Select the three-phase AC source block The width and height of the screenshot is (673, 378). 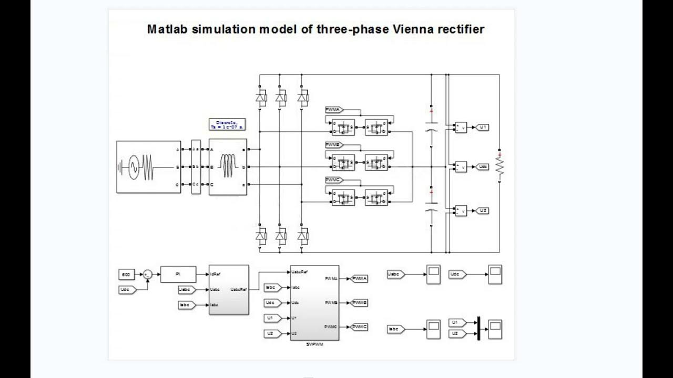tap(148, 167)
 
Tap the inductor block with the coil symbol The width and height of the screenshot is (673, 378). tap(228, 167)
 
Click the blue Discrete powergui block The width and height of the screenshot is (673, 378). tap(227, 124)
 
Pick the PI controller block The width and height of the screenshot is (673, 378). tap(178, 274)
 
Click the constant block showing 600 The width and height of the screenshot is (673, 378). tap(126, 274)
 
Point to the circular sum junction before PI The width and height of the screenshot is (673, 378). tap(148, 274)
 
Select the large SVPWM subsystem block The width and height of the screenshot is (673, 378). tap(314, 302)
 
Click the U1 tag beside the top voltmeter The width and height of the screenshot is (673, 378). tap(482, 127)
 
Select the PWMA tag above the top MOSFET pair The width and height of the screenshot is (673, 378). tap(334, 110)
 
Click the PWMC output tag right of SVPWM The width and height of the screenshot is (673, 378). tap(359, 327)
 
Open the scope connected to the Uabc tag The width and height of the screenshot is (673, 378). tap(433, 275)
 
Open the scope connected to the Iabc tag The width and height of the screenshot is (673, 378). tap(433, 329)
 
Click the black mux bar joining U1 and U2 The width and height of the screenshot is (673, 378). tap(478, 328)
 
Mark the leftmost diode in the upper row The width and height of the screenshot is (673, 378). tap(260, 97)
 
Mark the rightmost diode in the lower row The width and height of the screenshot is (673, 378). tap(302, 236)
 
